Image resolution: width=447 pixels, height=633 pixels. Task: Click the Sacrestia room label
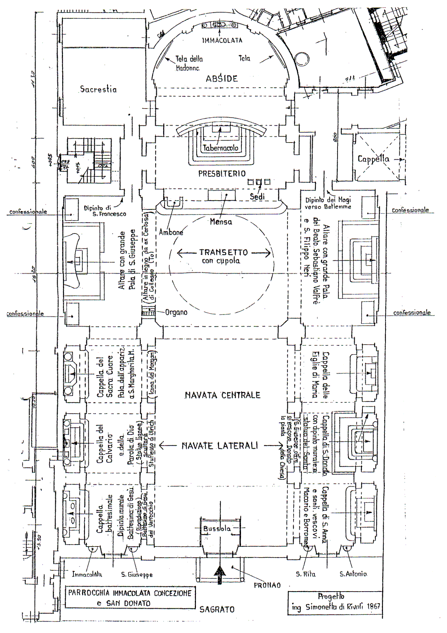98,90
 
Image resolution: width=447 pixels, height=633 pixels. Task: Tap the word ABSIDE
222,79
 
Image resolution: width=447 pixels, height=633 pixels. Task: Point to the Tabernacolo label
221,148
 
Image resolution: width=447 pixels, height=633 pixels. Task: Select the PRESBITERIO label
222,173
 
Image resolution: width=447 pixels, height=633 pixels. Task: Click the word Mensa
221,222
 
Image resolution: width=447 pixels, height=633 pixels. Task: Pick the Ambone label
171,232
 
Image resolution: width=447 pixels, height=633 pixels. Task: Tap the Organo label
176,312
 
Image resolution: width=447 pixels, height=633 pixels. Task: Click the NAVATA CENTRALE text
222,395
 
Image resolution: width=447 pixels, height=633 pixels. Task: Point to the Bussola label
217,529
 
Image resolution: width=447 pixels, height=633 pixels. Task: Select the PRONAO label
267,585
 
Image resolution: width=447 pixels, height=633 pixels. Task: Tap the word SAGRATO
217,610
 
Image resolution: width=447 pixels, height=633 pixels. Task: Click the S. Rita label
305,574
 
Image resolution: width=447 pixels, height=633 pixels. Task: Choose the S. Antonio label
353,574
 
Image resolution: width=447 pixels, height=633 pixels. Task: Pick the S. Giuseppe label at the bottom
137,574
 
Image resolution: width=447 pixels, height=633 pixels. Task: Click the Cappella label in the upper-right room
373,159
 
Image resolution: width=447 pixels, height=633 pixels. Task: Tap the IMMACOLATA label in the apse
222,40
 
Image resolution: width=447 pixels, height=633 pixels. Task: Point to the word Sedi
257,196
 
